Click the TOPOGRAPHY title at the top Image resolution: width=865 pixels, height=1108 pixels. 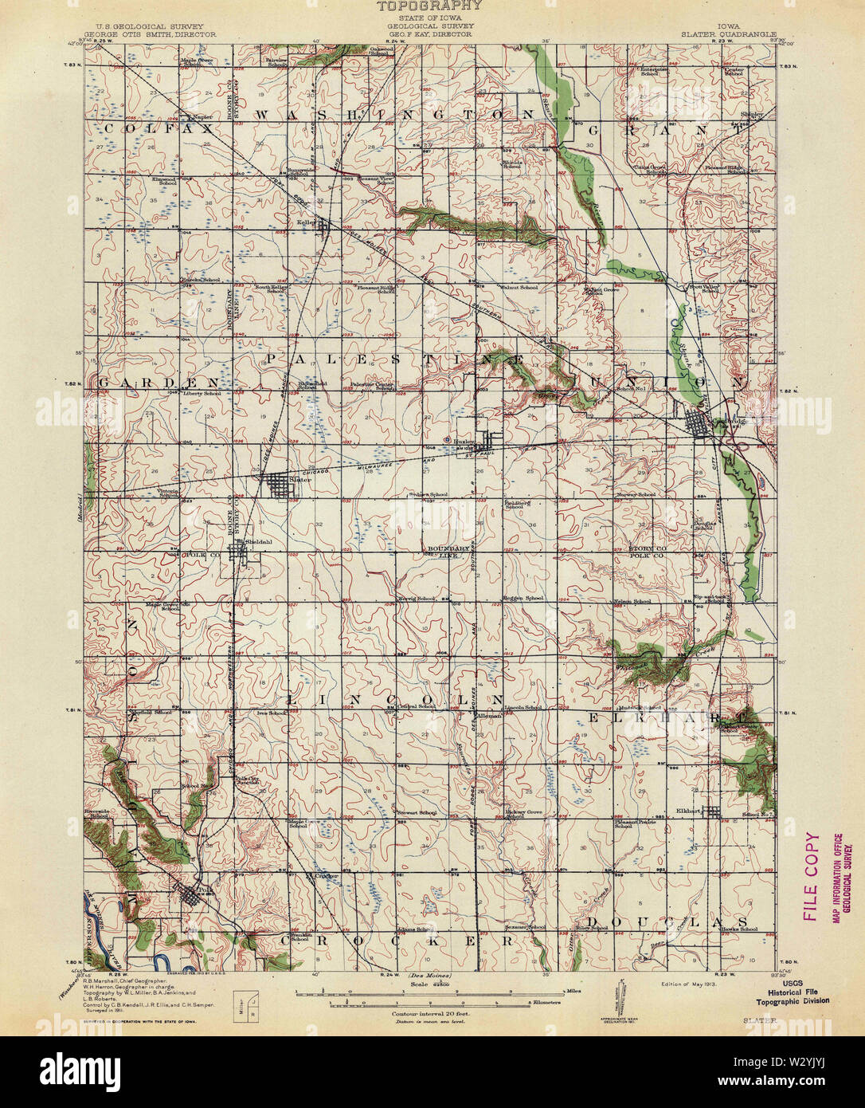click(429, 6)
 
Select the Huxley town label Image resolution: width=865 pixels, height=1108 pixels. click(464, 441)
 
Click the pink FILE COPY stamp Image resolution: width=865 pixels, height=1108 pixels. click(812, 877)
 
